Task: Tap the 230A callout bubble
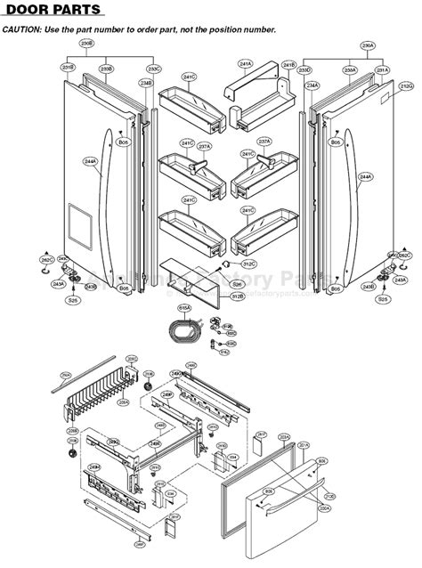[368, 44]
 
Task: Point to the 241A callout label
[246, 64]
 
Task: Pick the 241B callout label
[288, 65]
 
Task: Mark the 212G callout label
[406, 85]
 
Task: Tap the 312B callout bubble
[238, 295]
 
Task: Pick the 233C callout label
[154, 69]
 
